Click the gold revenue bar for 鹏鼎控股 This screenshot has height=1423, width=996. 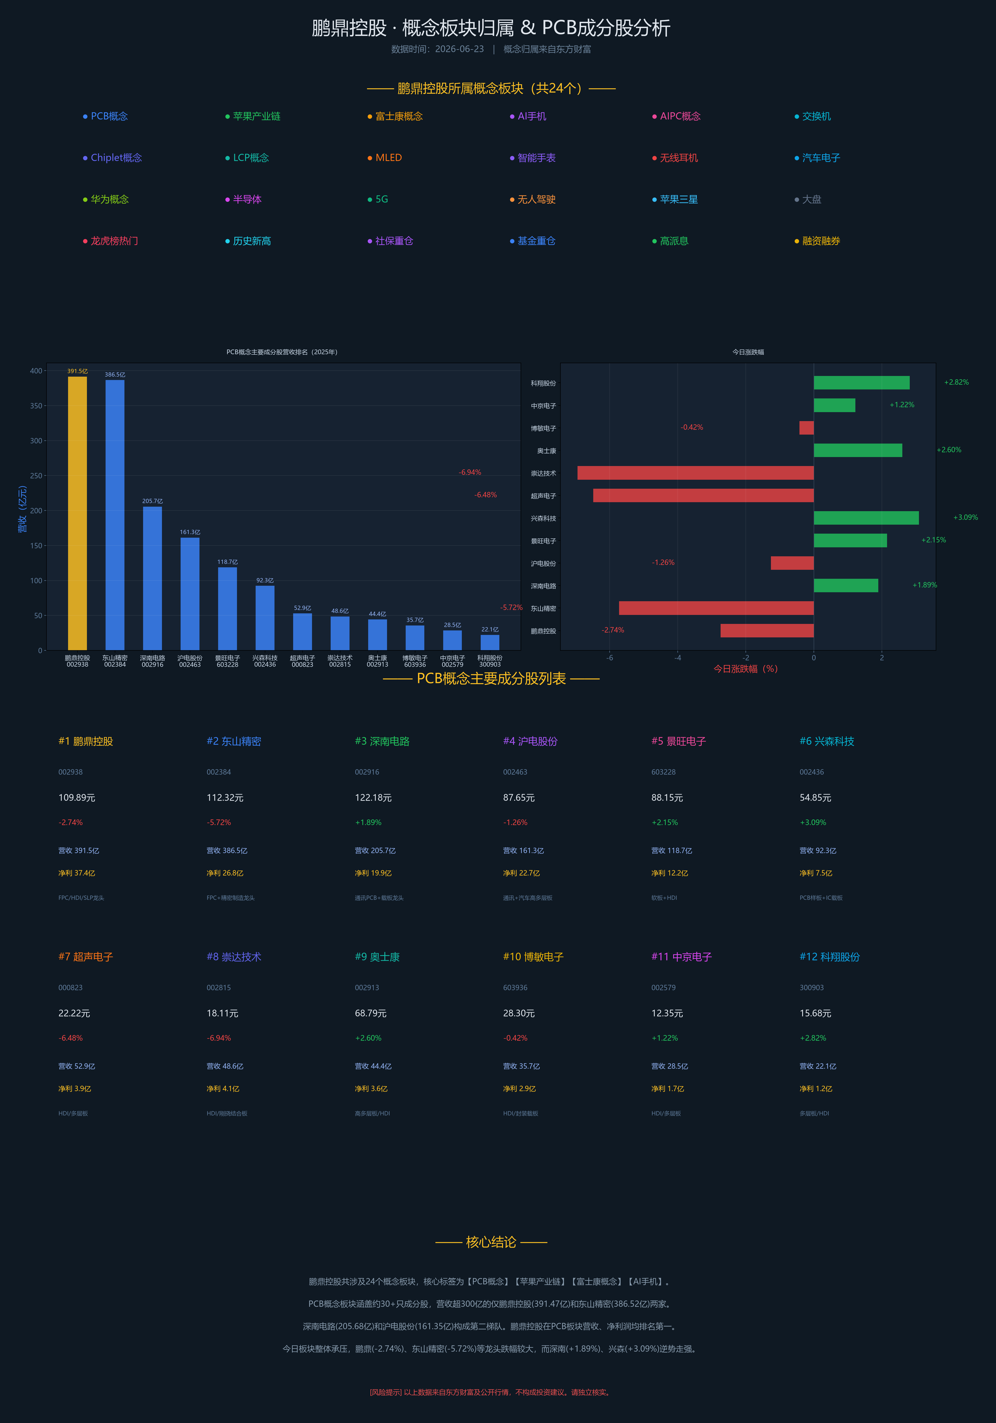[x=77, y=513]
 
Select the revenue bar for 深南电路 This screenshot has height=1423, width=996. [x=153, y=578]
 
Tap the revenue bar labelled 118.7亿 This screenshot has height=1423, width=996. [x=228, y=609]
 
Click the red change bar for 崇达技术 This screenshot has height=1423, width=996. [x=695, y=473]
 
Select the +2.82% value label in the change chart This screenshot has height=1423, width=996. [x=956, y=382]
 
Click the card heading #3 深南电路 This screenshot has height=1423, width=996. [x=382, y=741]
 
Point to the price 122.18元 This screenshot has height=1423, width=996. [x=373, y=798]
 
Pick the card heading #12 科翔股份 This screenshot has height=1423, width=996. [x=830, y=957]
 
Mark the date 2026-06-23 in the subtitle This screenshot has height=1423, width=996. [x=459, y=49]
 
